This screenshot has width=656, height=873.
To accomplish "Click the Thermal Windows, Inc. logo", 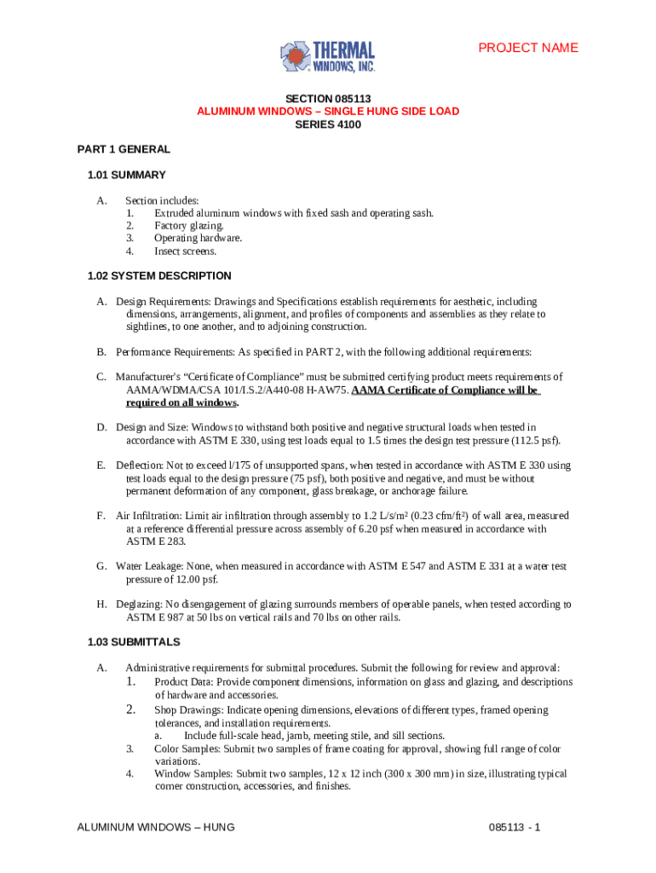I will click(327, 55).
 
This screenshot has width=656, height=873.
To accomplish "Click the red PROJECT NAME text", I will click(528, 48).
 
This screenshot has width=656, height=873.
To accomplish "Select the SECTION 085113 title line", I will click(328, 98).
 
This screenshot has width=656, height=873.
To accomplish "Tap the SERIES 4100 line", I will click(328, 124).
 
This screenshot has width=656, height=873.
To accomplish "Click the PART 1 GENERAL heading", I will click(124, 149).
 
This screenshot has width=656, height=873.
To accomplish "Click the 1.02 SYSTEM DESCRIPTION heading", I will click(159, 275).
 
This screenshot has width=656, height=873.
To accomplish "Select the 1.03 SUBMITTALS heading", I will click(134, 641).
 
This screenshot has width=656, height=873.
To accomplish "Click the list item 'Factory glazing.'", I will click(189, 226).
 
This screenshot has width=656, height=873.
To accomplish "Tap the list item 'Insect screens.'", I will click(185, 251).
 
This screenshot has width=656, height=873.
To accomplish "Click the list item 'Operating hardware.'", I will click(198, 239).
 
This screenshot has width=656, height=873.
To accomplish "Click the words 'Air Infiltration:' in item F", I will click(146, 516).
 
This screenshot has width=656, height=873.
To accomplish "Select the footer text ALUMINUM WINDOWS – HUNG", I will click(156, 828).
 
